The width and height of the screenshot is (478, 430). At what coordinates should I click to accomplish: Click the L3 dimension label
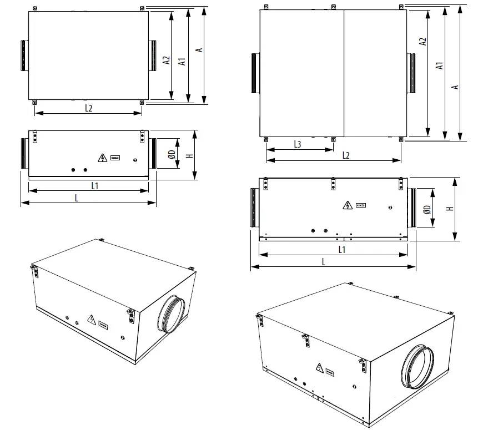297,144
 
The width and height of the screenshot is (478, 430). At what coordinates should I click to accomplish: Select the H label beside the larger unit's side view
450,209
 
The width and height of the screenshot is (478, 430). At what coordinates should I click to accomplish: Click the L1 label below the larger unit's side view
342,250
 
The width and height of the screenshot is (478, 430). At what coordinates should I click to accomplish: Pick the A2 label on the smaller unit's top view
166,61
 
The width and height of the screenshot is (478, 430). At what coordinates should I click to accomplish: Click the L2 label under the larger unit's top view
345,155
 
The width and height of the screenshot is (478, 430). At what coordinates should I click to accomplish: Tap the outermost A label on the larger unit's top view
455,86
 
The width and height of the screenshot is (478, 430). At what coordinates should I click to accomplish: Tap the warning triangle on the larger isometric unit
320,367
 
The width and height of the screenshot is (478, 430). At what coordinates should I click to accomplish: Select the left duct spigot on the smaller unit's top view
24,55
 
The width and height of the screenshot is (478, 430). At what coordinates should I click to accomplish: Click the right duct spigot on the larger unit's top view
412,73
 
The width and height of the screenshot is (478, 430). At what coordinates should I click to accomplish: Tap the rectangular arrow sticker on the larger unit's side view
361,206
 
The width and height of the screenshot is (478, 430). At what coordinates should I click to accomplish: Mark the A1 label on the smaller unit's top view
182,61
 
